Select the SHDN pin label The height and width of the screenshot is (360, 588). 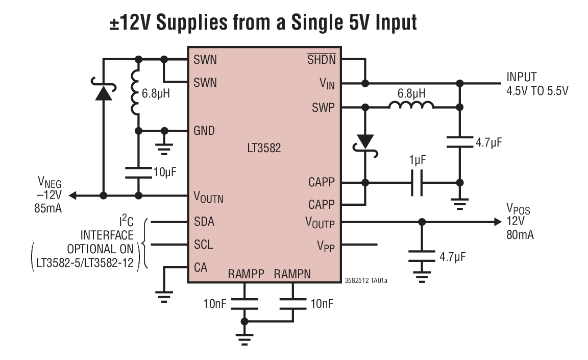(x=321, y=60)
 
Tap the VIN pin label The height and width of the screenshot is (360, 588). (x=327, y=83)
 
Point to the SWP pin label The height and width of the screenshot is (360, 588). (x=324, y=108)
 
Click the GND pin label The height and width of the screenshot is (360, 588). (x=204, y=130)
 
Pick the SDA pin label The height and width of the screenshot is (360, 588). (x=204, y=222)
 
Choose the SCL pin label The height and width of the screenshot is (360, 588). (x=204, y=245)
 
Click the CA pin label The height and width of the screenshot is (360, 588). (x=201, y=267)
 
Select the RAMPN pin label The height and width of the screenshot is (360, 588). (x=292, y=274)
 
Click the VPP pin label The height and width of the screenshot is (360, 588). (x=327, y=246)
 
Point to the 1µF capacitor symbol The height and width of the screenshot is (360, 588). (x=417, y=183)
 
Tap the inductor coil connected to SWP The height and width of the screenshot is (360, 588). (x=411, y=106)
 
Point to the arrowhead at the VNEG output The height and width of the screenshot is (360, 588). (x=73, y=195)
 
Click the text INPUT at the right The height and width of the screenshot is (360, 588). (x=521, y=77)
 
